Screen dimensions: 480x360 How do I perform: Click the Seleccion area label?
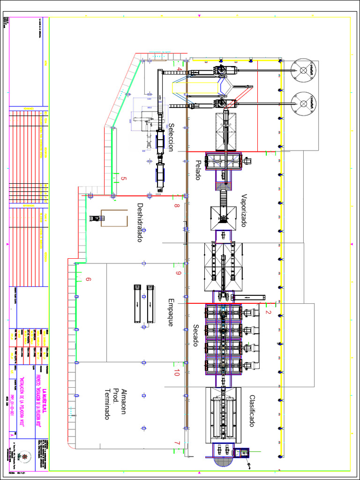171,137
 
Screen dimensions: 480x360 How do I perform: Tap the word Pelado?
198,170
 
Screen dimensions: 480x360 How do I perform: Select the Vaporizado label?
244,210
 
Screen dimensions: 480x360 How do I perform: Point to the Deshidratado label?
139,222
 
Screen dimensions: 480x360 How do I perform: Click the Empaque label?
171,312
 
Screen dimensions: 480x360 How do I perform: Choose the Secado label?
196,336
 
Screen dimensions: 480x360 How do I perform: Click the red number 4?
179,69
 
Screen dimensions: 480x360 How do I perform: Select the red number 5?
124,179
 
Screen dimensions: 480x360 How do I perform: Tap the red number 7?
177,443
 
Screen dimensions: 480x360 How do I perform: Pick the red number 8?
177,205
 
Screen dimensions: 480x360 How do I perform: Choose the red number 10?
177,373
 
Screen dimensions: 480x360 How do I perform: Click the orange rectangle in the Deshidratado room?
114,217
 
